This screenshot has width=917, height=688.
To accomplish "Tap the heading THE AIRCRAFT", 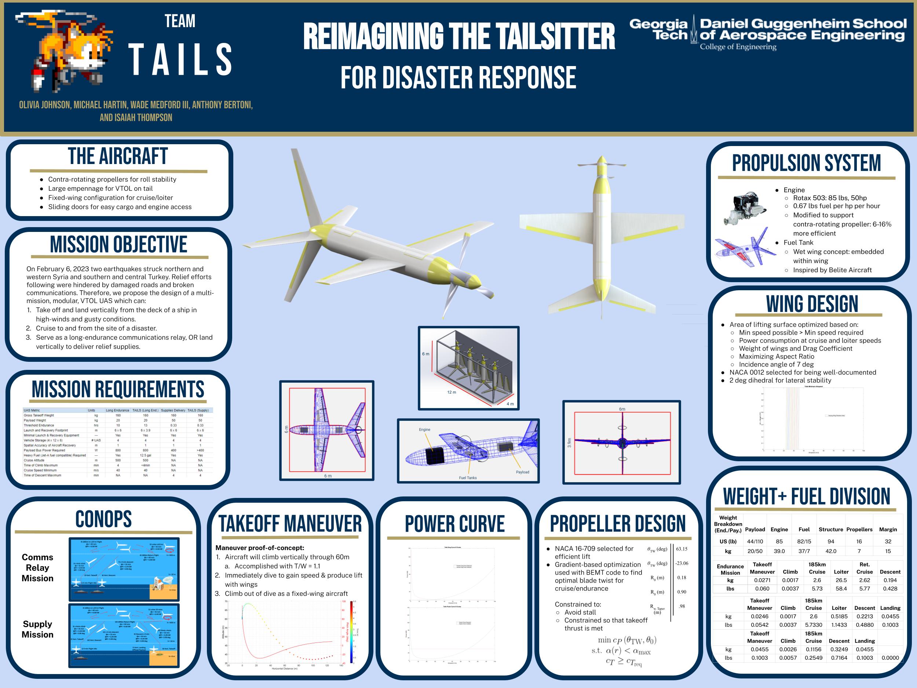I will pos(118,156).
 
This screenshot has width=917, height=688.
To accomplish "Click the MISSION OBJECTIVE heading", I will pos(118,244).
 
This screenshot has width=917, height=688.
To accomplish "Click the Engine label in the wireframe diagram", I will pos(424,430).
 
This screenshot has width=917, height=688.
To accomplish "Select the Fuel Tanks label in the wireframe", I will pos(468,478).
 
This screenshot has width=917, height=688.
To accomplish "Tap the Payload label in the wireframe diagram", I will pos(522,472).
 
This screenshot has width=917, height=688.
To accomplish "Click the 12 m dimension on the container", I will pos(452,392).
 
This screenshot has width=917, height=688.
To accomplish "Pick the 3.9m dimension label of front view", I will pos(569,443).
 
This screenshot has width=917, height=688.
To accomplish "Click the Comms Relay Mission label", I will pos(38,568).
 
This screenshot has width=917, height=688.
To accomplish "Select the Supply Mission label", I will pos(38,629).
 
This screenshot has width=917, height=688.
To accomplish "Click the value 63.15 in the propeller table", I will pos(682,549).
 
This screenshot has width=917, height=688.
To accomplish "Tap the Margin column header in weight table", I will pos(888,529).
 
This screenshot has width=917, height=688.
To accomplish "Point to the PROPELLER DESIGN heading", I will pos(618,524).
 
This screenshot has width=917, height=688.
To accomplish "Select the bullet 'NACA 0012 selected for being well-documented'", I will pos(803,372).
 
